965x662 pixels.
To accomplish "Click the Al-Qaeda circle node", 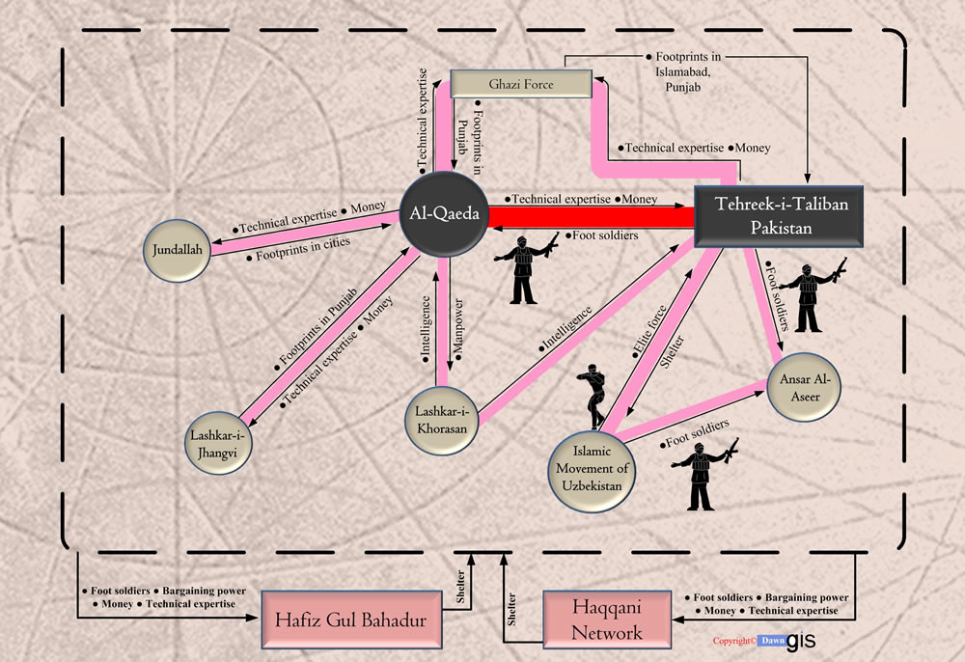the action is (x=444, y=213).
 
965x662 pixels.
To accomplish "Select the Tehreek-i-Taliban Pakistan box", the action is (x=779, y=216).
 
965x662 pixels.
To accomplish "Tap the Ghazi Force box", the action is (x=521, y=84).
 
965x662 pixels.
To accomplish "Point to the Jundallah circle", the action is (x=178, y=250).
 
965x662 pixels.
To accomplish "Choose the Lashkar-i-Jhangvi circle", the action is (x=218, y=444).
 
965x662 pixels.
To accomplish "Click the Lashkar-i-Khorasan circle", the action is (x=442, y=421).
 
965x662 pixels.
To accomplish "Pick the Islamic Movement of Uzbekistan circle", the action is (x=593, y=469).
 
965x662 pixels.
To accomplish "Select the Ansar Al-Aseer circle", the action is (x=805, y=387).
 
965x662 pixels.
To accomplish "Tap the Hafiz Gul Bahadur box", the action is (x=351, y=620).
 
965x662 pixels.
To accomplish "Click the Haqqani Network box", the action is (x=607, y=620).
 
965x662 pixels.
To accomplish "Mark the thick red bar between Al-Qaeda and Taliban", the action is (x=592, y=218).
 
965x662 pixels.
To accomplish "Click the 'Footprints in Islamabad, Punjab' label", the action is (x=683, y=72).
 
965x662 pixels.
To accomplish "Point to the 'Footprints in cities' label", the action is (x=298, y=249).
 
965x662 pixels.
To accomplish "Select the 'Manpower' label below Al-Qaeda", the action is (x=457, y=328).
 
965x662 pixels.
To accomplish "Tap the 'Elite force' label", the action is (x=649, y=332).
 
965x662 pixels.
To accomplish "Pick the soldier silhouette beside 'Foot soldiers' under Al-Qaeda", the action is (x=525, y=268).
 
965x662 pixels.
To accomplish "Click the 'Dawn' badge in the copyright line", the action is (x=772, y=641).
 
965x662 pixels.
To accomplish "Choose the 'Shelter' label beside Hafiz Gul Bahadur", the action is (x=460, y=587).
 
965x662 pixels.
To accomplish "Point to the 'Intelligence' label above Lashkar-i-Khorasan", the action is (x=426, y=328).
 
